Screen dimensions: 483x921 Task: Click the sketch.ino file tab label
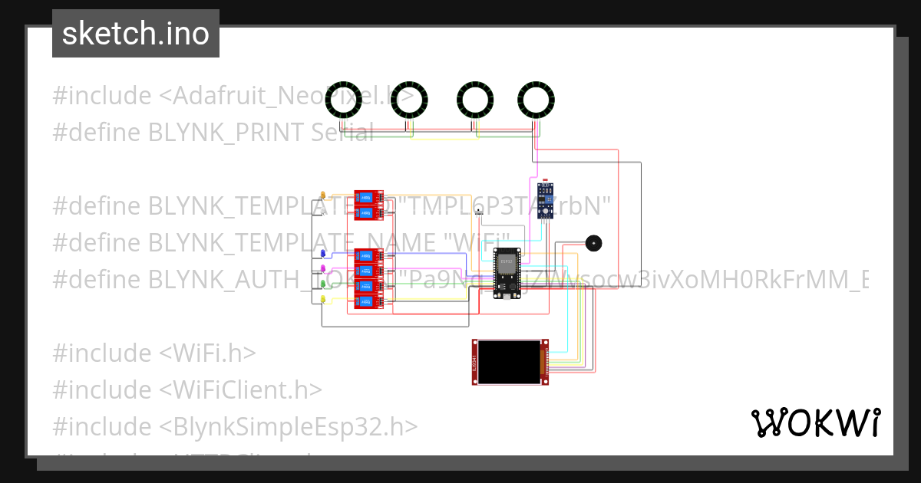(x=135, y=34)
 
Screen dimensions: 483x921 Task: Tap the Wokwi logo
(x=815, y=422)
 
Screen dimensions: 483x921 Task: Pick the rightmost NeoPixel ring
(x=536, y=99)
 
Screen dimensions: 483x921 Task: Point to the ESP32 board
(x=506, y=272)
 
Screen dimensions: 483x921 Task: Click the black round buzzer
(x=593, y=244)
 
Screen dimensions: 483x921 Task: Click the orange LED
(x=322, y=195)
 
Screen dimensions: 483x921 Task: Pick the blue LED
(x=323, y=253)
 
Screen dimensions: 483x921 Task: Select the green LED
(x=323, y=284)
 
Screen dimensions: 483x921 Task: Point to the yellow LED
(x=323, y=298)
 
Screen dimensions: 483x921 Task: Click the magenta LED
(x=323, y=268)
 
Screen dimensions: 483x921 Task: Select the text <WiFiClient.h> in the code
(x=241, y=389)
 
